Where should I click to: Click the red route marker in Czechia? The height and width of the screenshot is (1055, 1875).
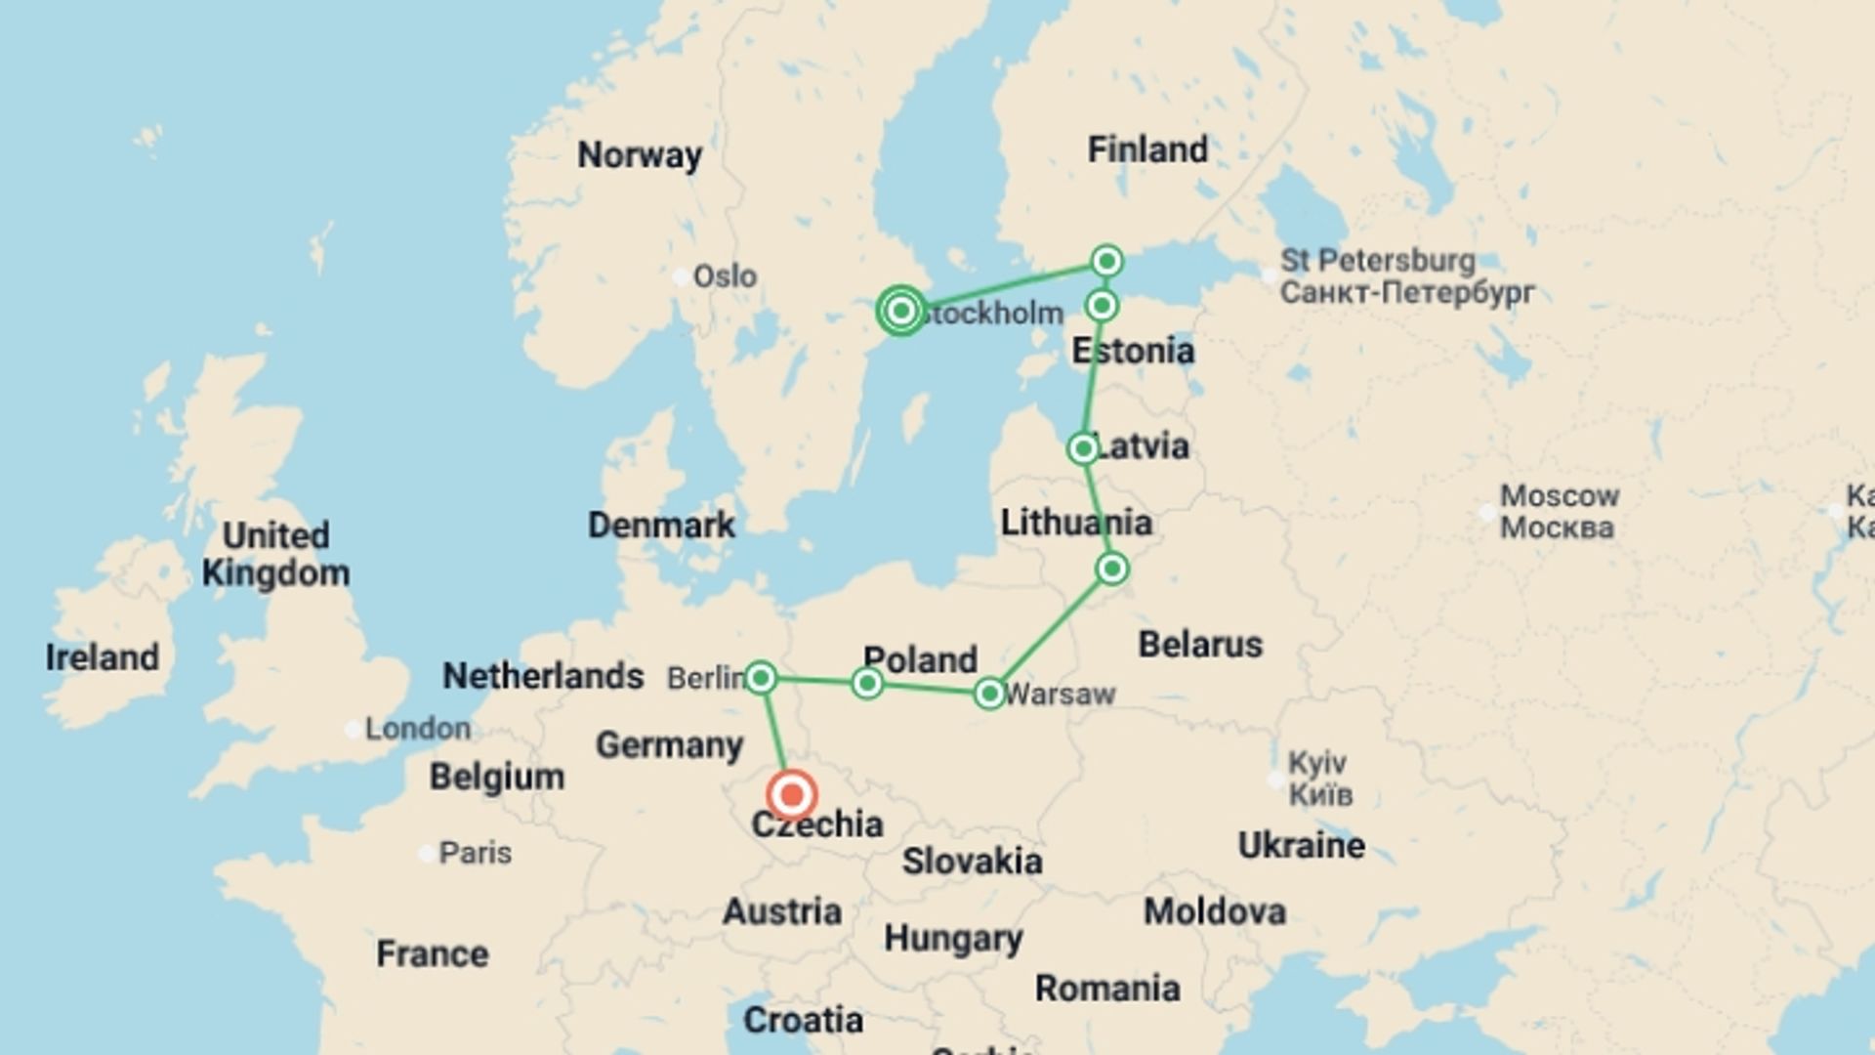(792, 795)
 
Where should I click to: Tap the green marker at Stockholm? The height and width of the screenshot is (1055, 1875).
(901, 311)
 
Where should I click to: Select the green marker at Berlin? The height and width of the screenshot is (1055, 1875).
(761, 677)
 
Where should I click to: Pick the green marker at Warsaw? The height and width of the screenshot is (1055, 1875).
(989, 694)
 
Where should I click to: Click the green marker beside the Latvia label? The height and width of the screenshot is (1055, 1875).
(1083, 448)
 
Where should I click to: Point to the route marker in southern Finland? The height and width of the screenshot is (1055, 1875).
(1106, 261)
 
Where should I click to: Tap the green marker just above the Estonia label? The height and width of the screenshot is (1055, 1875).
(1102, 306)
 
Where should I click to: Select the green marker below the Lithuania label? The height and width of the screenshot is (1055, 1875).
(1112, 569)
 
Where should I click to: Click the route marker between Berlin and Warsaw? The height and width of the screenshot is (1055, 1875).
(867, 683)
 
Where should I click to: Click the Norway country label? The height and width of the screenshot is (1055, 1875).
(640, 154)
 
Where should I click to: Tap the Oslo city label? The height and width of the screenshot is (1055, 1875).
(725, 276)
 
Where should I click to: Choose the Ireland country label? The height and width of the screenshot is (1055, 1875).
(103, 656)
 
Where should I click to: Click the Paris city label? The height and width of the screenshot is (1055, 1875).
(475, 853)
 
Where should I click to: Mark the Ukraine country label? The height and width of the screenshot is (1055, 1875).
(1301, 845)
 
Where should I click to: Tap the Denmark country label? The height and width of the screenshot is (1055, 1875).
(661, 525)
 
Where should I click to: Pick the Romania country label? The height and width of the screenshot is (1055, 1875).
(1107, 988)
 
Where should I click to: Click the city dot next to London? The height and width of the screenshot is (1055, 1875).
(353, 729)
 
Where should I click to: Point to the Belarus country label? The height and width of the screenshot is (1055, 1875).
(1200, 644)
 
